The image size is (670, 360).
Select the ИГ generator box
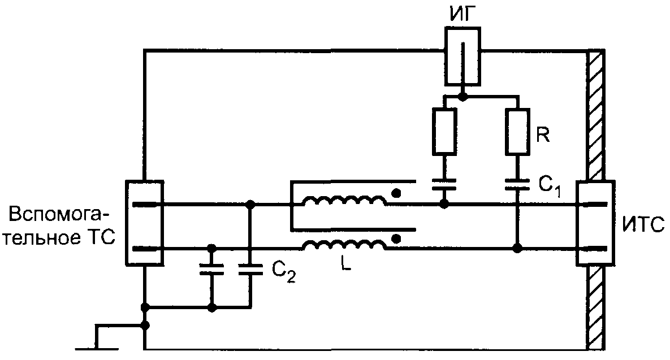click(462, 55)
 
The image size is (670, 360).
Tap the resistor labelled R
click(517, 131)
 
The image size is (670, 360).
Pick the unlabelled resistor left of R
click(445, 131)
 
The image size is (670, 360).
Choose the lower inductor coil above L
click(344, 245)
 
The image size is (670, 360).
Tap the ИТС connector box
click(596, 223)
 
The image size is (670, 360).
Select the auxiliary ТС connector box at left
click(144, 223)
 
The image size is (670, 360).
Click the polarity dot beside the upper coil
click(396, 193)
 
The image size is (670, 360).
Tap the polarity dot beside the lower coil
click(396, 238)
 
